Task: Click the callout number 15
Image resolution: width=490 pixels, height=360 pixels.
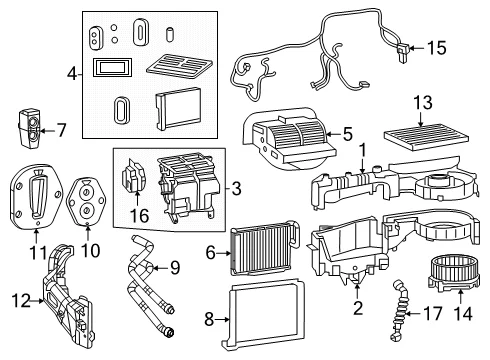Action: pos(436,48)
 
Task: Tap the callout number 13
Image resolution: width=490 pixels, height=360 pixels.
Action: pos(423,102)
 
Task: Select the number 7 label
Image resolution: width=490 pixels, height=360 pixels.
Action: pos(61,130)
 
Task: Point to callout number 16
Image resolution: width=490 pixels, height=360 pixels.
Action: pos(139,216)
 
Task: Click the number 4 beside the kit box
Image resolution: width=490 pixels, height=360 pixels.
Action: pos(72,74)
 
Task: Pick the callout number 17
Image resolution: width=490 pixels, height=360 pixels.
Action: pos(432,314)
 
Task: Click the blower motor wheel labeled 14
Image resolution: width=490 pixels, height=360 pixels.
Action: pos(453,271)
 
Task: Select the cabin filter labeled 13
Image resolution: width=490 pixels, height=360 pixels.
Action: pos(426,137)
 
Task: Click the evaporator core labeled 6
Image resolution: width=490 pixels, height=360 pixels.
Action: pos(264,248)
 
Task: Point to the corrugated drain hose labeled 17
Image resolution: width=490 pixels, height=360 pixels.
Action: pos(400,310)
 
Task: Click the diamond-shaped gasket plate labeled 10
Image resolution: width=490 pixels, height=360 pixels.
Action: pos(87,201)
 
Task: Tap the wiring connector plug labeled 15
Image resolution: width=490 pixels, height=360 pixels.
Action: pos(402,52)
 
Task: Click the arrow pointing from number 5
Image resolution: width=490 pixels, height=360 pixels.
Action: pos(333,134)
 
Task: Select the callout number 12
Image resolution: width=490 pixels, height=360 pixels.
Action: pos(21,300)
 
